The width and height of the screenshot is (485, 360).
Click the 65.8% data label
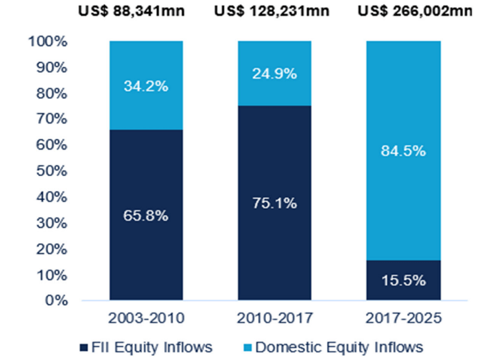[145, 216]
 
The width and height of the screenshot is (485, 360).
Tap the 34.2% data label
[145, 86]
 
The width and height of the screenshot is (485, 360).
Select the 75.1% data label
[274, 204]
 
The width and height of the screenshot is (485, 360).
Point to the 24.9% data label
[274, 74]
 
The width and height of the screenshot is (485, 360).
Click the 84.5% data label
[403, 151]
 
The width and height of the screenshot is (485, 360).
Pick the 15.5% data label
[403, 281]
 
